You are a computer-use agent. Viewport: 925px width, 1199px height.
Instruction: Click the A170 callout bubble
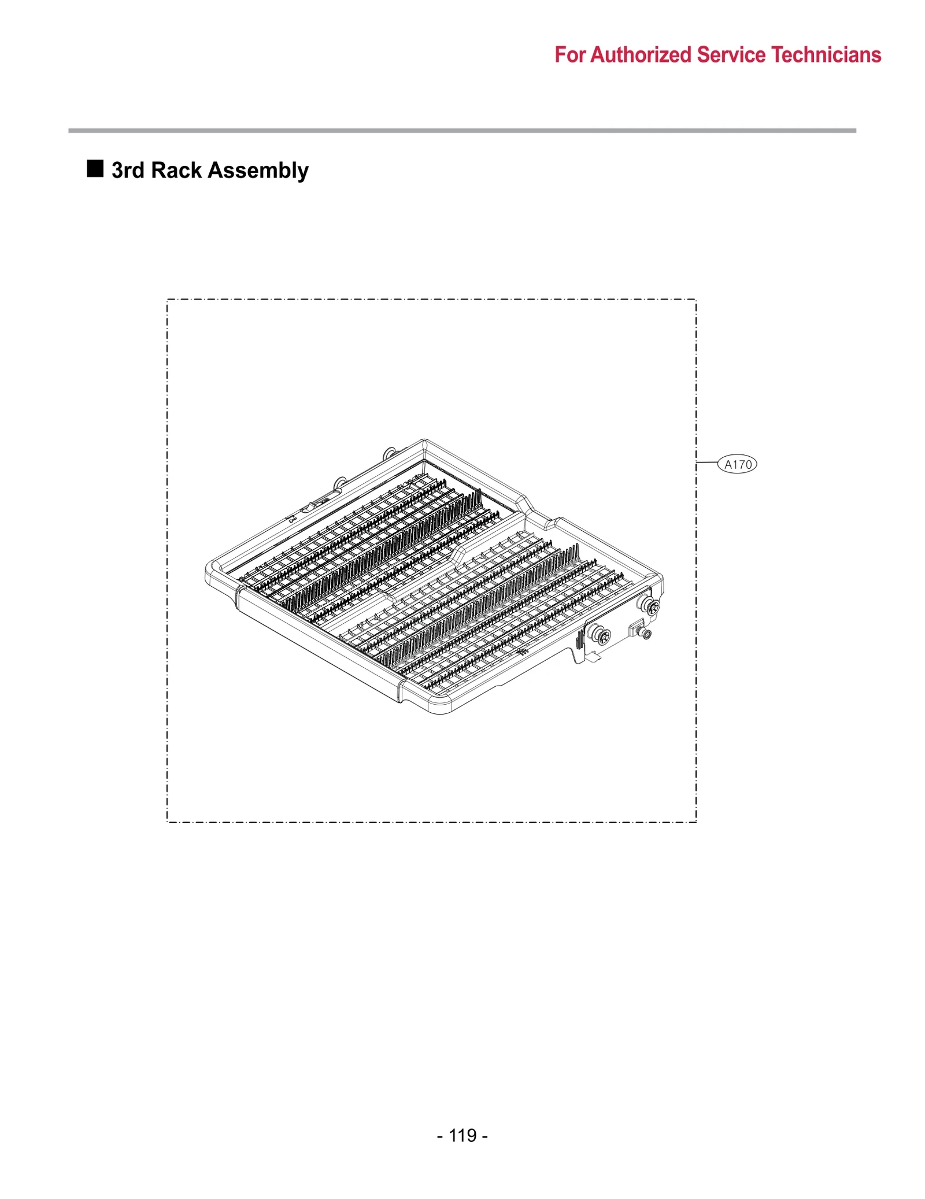(x=737, y=464)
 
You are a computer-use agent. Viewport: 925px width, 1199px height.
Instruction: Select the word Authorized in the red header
(x=641, y=55)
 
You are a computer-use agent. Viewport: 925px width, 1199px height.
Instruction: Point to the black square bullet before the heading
(x=95, y=169)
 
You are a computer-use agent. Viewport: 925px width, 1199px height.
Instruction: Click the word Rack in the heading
(x=176, y=171)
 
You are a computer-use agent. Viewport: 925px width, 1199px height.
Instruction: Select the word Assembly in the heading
(x=258, y=171)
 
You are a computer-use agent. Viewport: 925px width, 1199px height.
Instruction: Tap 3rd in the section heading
(x=128, y=171)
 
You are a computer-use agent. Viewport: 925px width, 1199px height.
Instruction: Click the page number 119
(x=462, y=1135)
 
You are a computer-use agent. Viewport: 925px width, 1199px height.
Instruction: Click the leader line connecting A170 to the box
(x=706, y=462)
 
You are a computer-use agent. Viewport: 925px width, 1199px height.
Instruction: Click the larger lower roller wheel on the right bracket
(x=602, y=636)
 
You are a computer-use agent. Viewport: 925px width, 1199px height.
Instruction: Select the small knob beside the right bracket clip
(x=646, y=635)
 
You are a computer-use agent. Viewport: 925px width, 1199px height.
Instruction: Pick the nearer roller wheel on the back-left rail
(x=341, y=482)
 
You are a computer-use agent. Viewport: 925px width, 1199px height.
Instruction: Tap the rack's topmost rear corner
(x=424, y=442)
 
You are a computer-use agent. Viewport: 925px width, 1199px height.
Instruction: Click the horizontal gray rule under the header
(x=462, y=131)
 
